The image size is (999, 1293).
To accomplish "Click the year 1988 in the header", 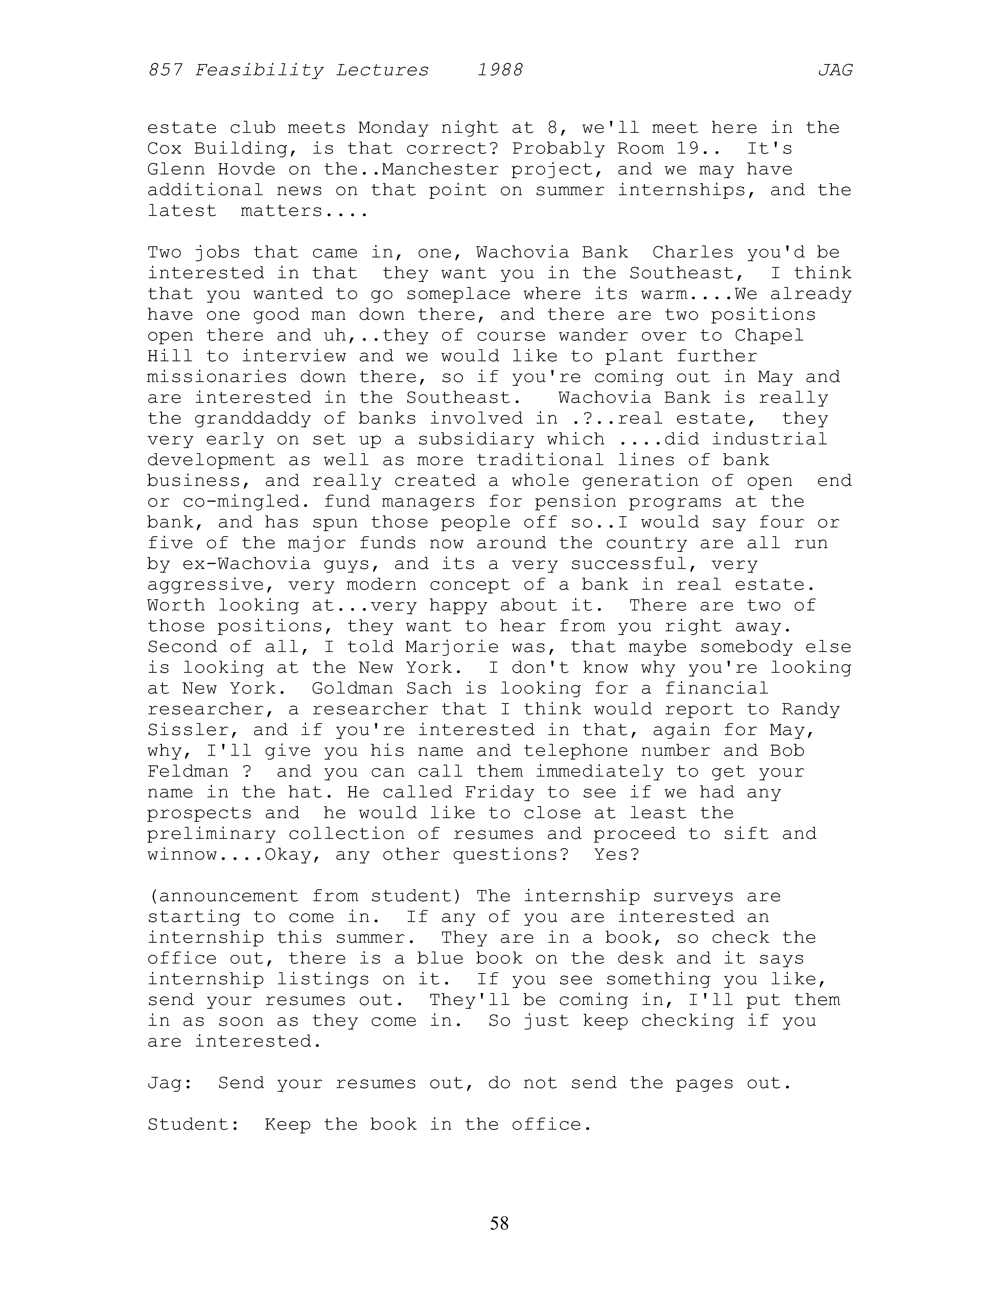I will point(500,71).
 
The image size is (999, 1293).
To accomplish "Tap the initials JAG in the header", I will point(835,71).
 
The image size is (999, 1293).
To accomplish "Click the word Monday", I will point(393,128).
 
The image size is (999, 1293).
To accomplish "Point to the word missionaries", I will point(218,377).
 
